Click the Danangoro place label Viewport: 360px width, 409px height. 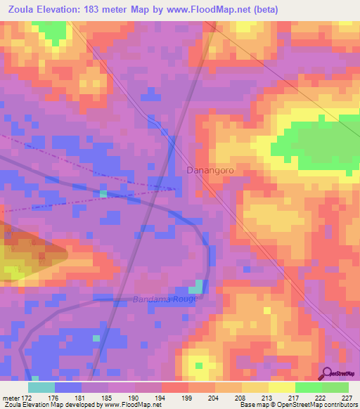(210, 171)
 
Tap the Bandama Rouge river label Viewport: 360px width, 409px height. (166, 299)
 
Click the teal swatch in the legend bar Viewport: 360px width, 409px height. (41, 387)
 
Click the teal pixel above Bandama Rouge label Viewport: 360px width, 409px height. (199, 285)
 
